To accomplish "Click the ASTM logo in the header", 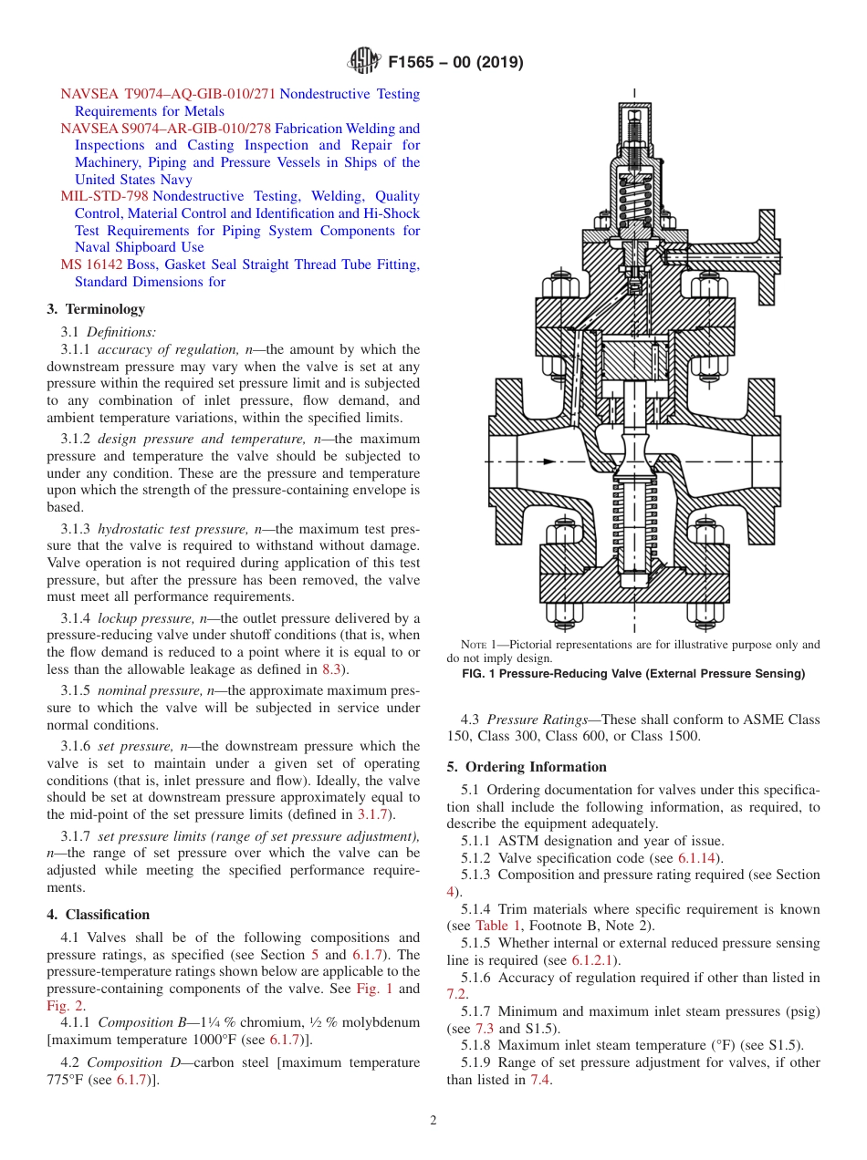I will click(363, 62).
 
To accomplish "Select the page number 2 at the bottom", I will click(433, 1121).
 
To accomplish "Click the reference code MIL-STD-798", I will click(104, 196).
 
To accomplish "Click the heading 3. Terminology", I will click(96, 309).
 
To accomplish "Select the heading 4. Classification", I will click(98, 915).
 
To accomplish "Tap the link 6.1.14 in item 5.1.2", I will click(699, 858).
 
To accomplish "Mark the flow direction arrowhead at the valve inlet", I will click(549, 461).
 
